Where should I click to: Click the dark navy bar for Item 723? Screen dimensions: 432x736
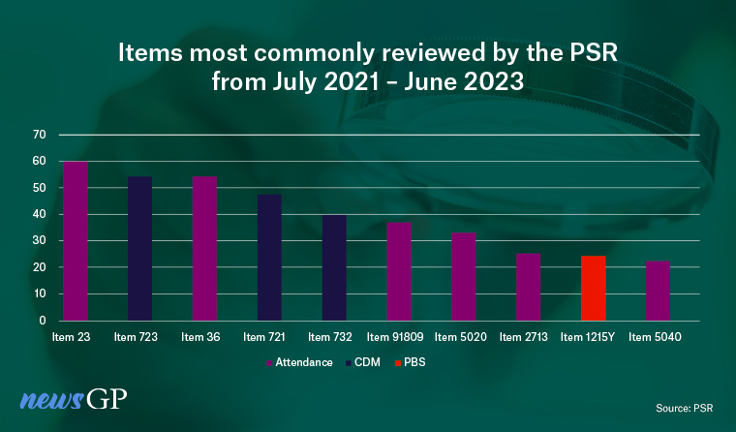[x=140, y=248]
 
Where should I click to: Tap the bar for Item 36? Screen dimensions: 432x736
[x=205, y=248]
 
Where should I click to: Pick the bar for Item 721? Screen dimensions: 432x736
[x=269, y=258]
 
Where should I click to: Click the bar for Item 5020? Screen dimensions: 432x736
[x=464, y=276]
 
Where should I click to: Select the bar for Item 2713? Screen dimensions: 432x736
[x=529, y=287]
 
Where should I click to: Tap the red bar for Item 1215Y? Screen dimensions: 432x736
[x=594, y=288]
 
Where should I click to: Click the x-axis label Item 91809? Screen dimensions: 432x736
[x=398, y=337]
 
